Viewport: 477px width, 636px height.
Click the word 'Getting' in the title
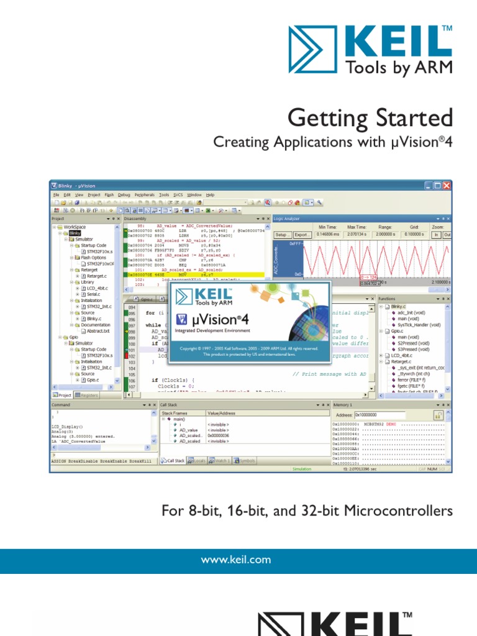324,117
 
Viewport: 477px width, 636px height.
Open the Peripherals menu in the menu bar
145,194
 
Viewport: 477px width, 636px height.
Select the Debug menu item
124,194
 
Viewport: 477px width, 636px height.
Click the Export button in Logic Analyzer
302,235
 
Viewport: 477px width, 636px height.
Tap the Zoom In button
436,235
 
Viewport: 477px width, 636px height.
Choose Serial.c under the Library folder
95,294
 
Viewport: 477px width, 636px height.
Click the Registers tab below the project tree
86,395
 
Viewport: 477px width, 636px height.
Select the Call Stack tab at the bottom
172,461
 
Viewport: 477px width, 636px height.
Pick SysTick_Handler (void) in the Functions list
418,325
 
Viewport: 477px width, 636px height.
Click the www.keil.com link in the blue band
238,560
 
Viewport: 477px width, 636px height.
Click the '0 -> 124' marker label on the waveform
369,277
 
